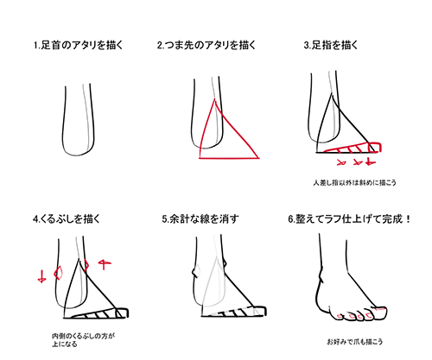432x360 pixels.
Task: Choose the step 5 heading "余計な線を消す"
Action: [201, 218]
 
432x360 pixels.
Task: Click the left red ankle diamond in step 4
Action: [59, 274]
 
